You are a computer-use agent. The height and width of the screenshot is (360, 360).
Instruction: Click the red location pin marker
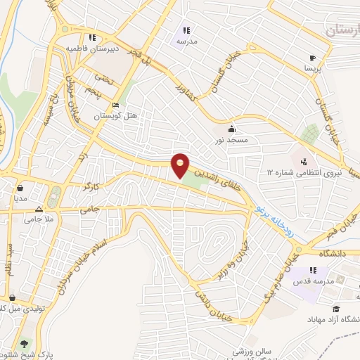[181, 166]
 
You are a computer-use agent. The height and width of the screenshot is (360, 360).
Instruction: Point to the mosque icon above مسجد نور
[232, 129]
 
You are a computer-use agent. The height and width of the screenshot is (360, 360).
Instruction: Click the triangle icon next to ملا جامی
[39, 209]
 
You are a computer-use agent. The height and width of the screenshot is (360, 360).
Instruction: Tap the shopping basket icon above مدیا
[21, 188]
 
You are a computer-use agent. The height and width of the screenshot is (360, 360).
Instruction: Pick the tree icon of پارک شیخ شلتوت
[25, 345]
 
